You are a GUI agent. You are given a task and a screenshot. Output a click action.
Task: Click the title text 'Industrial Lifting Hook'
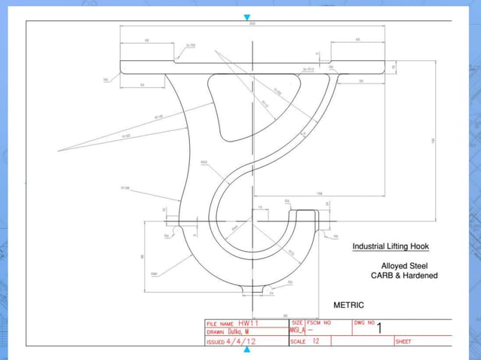click(391, 246)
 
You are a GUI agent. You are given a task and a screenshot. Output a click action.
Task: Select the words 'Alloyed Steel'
click(404, 266)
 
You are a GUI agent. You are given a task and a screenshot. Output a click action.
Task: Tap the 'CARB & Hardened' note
click(404, 276)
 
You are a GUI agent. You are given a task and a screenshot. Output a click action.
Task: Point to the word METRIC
click(348, 305)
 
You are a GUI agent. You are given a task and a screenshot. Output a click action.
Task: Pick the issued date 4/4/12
click(241, 341)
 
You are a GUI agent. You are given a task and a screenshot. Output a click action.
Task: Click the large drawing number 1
click(379, 328)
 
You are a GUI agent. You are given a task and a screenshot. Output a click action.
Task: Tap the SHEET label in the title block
click(403, 342)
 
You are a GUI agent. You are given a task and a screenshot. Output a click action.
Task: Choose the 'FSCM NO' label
click(319, 322)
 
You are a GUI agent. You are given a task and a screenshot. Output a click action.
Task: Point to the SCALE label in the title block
click(299, 341)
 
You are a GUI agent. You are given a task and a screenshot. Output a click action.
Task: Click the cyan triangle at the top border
click(247, 17)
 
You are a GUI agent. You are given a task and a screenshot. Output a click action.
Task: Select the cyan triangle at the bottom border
click(247, 349)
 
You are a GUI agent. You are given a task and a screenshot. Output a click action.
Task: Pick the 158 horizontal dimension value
click(320, 194)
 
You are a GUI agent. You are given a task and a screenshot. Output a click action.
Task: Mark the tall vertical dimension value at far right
click(433, 141)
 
